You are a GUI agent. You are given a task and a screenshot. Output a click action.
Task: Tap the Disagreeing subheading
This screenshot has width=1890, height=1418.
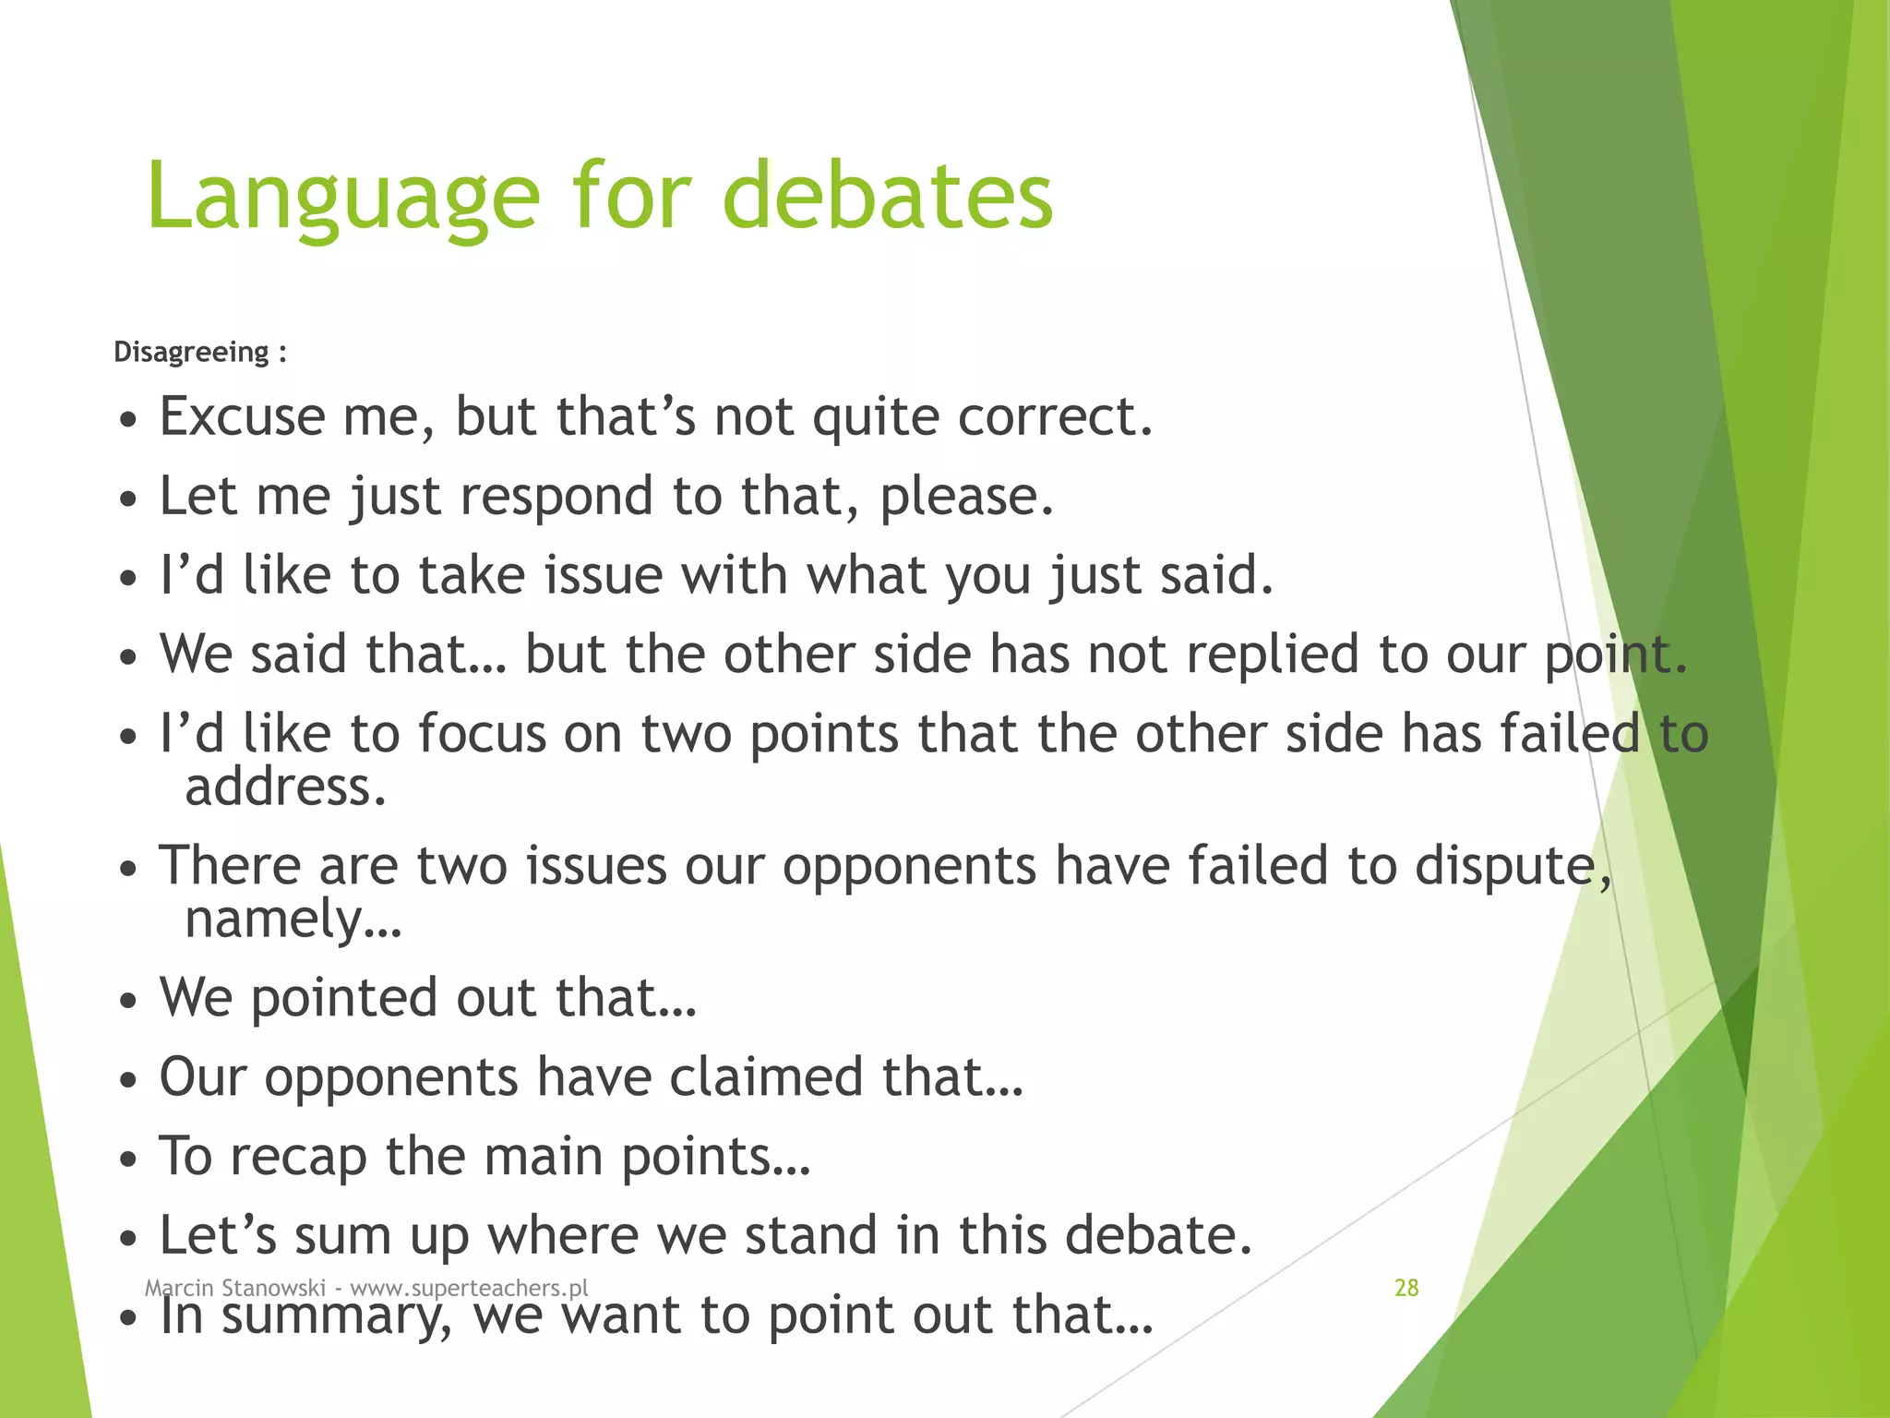pos(191,352)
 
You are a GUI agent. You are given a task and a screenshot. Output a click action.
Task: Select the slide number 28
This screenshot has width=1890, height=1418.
pos(1406,1288)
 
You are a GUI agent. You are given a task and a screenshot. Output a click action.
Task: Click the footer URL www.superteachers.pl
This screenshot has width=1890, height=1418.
pos(469,1288)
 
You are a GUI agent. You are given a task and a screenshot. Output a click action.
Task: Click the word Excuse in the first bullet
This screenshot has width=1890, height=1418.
pos(242,416)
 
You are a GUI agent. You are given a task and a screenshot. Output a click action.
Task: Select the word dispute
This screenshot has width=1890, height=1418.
pos(1506,868)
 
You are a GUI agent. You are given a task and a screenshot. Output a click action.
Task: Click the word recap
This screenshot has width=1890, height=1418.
pos(298,1158)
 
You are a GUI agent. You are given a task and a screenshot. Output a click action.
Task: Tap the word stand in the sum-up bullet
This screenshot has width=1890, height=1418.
pos(810,1236)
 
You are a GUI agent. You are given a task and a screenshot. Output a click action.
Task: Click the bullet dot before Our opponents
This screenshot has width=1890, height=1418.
pos(129,1080)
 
